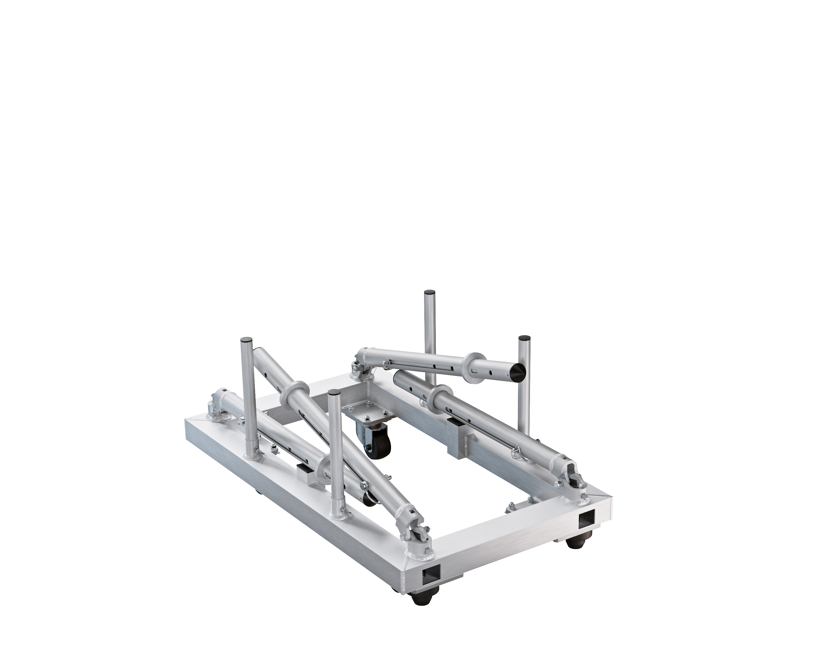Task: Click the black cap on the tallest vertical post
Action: point(429,292)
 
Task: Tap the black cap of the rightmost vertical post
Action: point(524,338)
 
